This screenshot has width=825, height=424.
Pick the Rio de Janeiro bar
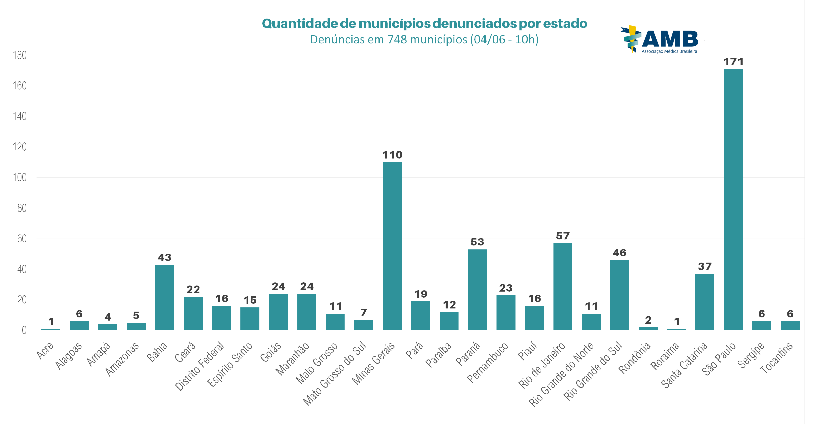pos(563,287)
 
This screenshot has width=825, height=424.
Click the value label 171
pos(733,62)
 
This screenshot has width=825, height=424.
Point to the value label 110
pos(392,155)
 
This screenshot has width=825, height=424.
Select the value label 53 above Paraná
pos(477,242)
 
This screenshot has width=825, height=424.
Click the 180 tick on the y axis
pos(20,55)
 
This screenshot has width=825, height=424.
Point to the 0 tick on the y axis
pos(24,330)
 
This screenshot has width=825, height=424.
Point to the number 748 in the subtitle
pos(397,40)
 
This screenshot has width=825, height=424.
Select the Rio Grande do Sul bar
pos(619,295)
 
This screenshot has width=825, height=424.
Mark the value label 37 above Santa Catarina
pos(705,267)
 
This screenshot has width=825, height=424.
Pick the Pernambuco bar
pos(506,313)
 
